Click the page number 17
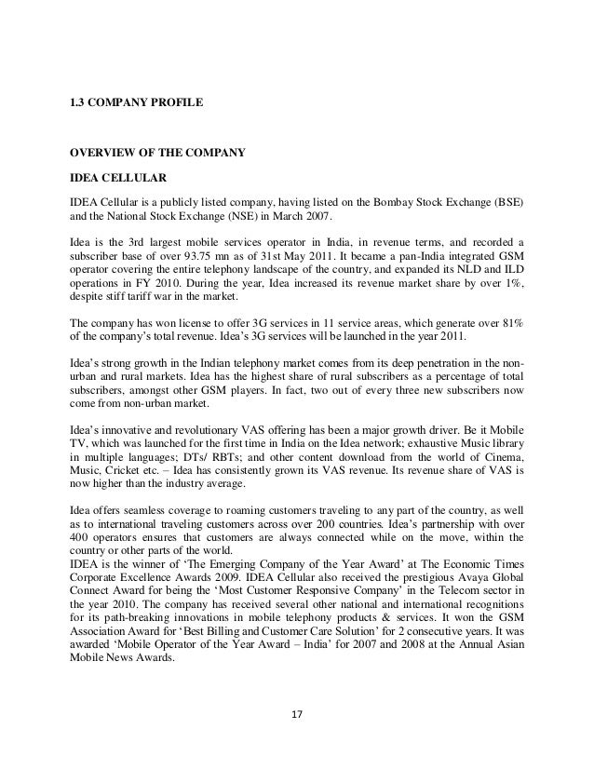click(296, 742)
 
